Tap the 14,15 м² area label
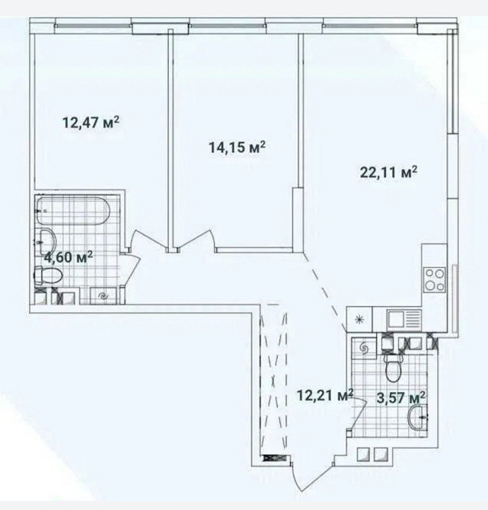coord(238,148)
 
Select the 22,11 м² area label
coord(388,172)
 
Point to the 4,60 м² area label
coord(69,257)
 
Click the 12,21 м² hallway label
coord(325,396)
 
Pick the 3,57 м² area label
coord(400,397)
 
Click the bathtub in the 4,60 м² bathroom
coord(73,211)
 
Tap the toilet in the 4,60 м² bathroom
coord(48,275)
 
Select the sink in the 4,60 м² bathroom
coord(47,241)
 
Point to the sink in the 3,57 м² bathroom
coord(417,416)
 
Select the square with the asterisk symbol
coord(359,320)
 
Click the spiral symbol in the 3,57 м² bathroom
coord(364,349)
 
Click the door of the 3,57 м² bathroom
coord(358,416)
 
